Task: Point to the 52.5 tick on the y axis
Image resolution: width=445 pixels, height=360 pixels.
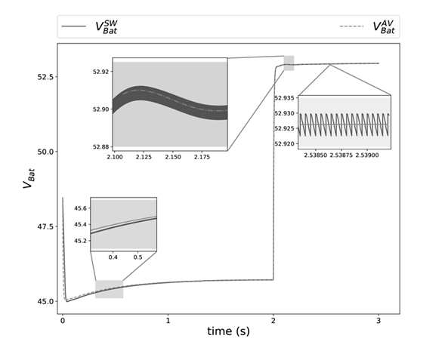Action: [x=46, y=78]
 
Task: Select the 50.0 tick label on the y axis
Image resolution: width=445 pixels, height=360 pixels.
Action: [x=46, y=152]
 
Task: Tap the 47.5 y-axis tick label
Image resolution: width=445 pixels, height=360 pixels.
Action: [x=46, y=226]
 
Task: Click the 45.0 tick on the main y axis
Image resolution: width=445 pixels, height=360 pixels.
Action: [x=46, y=301]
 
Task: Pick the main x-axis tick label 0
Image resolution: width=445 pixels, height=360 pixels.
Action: [x=63, y=320]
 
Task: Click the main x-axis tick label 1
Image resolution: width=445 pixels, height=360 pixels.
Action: [x=168, y=320]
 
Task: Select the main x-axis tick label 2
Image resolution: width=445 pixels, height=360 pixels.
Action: [x=273, y=320]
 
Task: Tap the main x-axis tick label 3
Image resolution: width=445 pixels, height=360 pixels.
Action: [x=379, y=320]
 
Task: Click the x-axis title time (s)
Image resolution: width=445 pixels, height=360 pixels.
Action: [x=230, y=332]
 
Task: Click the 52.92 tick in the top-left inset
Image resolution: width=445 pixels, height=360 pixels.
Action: [x=100, y=72]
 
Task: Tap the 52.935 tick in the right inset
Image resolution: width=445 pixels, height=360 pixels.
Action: [x=284, y=99]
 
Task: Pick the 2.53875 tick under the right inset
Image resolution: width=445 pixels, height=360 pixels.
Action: [x=344, y=154]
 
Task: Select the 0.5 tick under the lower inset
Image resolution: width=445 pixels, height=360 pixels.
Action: [x=138, y=257]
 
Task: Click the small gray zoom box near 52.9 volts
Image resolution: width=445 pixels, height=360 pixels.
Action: [x=289, y=63]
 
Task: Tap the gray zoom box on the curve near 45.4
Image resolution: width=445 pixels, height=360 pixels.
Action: [x=109, y=289]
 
